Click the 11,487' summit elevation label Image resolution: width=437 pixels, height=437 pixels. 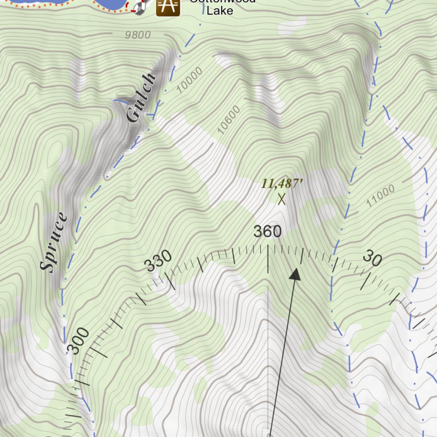pyautogui.click(x=282, y=184)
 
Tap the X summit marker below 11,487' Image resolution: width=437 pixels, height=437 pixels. pyautogui.click(x=281, y=199)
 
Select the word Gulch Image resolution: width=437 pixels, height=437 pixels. pyautogui.click(x=141, y=98)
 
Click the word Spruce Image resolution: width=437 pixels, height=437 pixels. pyautogui.click(x=54, y=242)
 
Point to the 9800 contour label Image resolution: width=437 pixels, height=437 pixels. pyautogui.click(x=138, y=35)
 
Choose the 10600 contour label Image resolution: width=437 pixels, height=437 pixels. pyautogui.click(x=229, y=120)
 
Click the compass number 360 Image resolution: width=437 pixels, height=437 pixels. pyautogui.click(x=268, y=232)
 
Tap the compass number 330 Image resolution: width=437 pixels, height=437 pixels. pyautogui.click(x=158, y=261)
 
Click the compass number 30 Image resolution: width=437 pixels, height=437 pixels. pyautogui.click(x=372, y=259)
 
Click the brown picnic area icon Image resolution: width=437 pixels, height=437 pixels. pyautogui.click(x=168, y=6)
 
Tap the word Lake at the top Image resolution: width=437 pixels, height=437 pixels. pyautogui.click(x=220, y=10)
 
